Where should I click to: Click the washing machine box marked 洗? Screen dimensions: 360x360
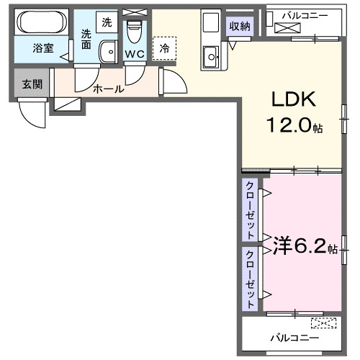click(107, 22)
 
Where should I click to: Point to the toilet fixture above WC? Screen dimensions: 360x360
click(134, 31)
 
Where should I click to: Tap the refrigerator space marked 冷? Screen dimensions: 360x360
click(164, 48)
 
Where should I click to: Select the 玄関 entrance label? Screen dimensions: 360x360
click(32, 84)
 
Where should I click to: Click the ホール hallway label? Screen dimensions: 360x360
click(108, 89)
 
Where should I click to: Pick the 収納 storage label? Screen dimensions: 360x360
click(240, 27)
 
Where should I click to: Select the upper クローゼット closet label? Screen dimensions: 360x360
click(249, 210)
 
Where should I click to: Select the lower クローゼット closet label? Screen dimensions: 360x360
click(249, 276)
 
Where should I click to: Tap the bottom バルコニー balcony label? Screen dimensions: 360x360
click(291, 337)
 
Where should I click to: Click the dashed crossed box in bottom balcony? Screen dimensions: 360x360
click(323, 323)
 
